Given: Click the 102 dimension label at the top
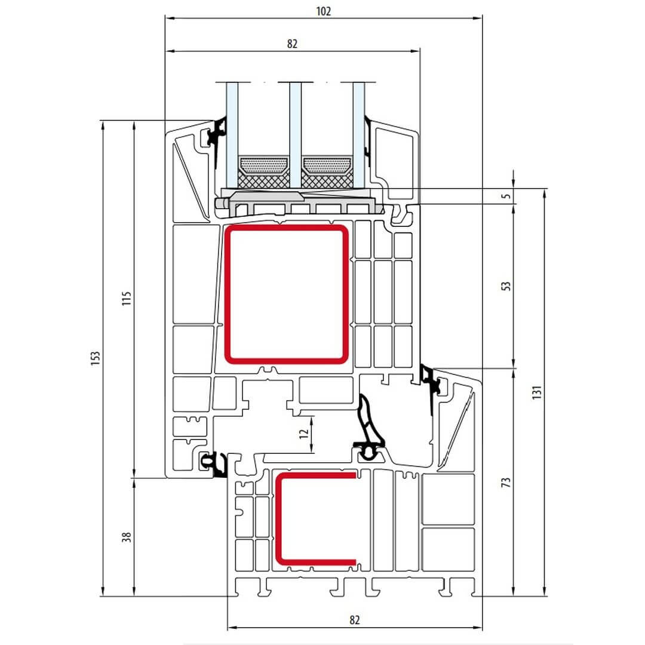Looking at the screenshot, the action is tap(323, 11).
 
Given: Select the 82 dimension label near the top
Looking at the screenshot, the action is tap(292, 44).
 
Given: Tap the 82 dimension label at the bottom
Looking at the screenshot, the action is tap(355, 619).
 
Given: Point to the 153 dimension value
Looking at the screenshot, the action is tap(96, 358).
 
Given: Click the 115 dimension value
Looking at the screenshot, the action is tap(127, 298).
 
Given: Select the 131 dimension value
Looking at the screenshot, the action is tap(536, 392).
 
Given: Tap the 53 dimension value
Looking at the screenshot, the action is tap(506, 286).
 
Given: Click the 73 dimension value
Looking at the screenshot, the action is tap(506, 482).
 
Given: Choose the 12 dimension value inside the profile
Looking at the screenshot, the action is tap(303, 434).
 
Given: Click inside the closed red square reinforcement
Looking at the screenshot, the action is tap(286, 294).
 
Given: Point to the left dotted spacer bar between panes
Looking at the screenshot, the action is tap(264, 165).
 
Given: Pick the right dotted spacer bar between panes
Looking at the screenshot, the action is tap(327, 165).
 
